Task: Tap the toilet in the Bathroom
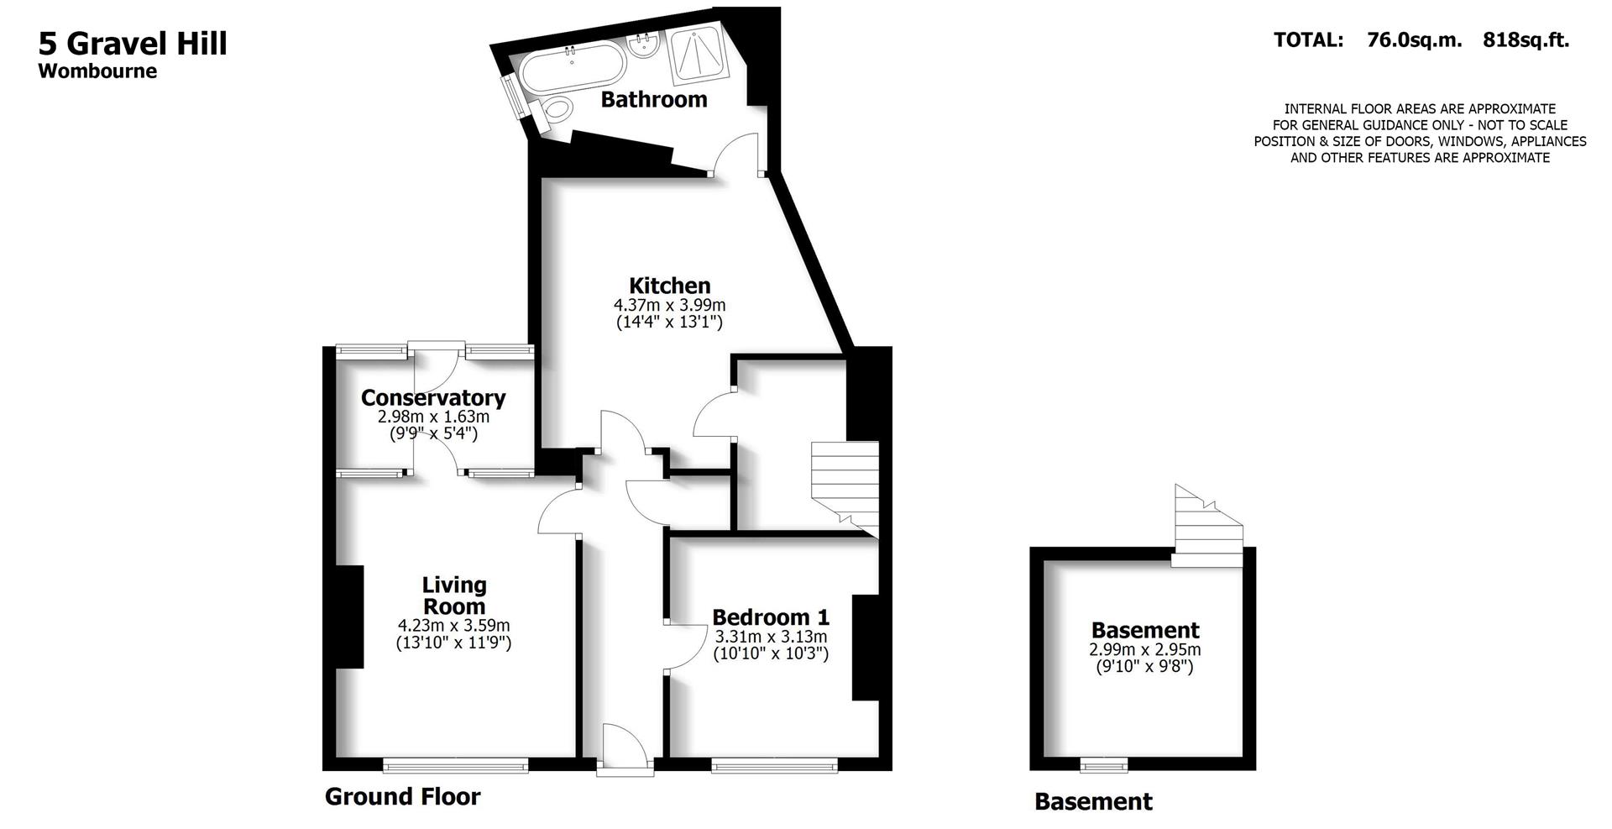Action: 555,109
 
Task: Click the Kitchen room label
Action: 669,286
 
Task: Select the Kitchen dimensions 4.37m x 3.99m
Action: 669,305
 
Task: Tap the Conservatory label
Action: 432,397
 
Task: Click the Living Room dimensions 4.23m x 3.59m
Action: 453,626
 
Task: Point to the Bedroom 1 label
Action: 770,617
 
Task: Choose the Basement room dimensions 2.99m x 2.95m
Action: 1144,650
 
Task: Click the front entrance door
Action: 624,749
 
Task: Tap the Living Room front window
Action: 455,765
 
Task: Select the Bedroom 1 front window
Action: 774,765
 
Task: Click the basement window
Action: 1103,764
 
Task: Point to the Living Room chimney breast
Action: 349,617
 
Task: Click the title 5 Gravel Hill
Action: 133,43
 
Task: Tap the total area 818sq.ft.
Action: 1526,39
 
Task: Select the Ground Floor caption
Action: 402,796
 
